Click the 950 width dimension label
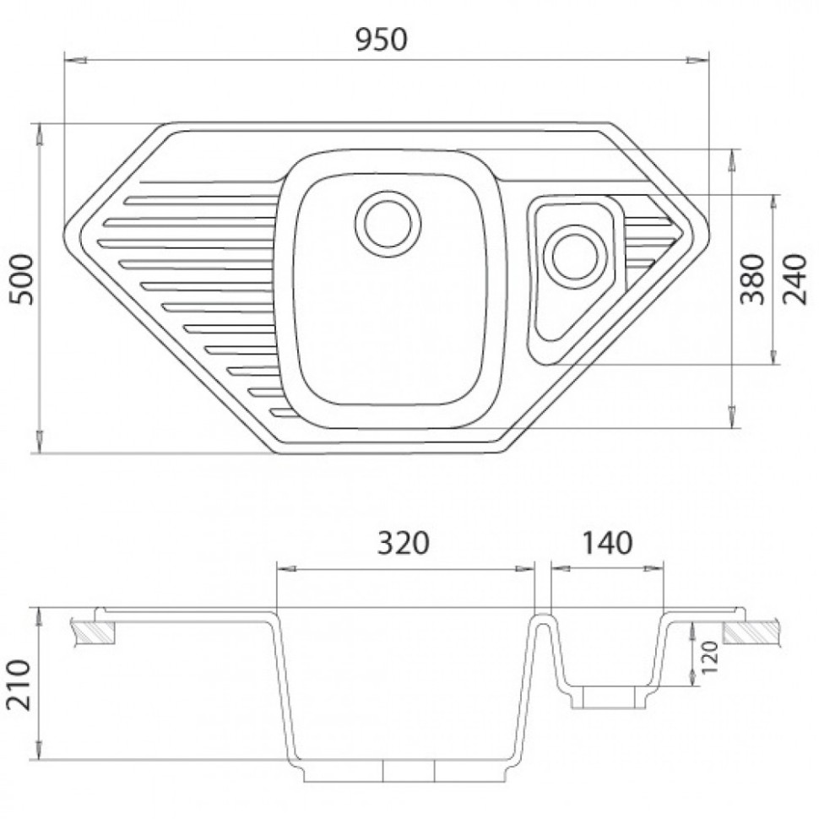point(381,40)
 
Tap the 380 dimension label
point(753,279)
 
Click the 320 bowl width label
point(404,543)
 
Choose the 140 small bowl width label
point(607,543)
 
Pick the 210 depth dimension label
point(19,685)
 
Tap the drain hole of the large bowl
point(388,224)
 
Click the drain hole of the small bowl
point(575,257)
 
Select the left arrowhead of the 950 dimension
point(75,60)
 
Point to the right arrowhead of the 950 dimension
point(697,60)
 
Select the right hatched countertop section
point(751,632)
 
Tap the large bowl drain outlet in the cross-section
point(409,770)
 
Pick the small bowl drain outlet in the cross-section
point(609,697)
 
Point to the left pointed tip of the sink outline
point(65,230)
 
